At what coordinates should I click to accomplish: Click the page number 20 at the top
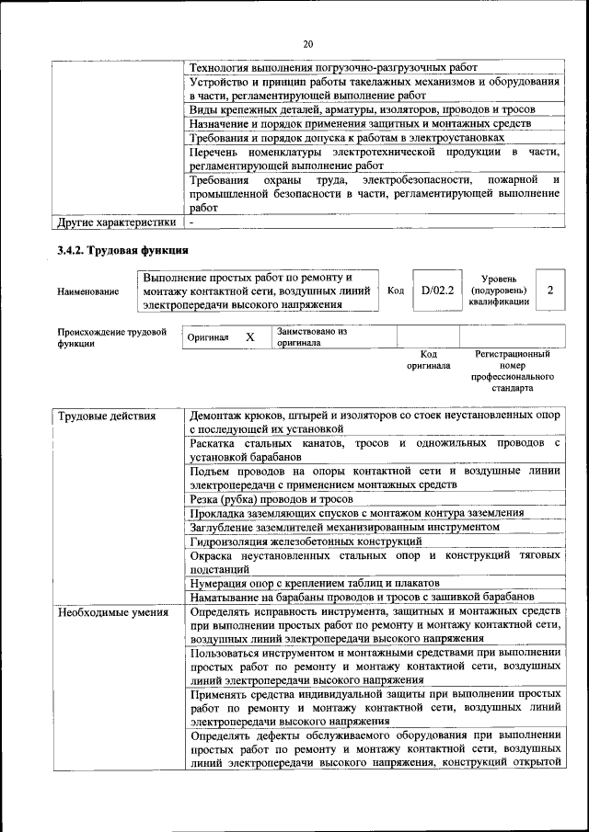(x=307, y=43)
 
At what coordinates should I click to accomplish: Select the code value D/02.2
(x=437, y=291)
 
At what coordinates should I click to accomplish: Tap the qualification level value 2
(x=549, y=291)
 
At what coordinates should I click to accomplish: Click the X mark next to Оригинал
(x=249, y=337)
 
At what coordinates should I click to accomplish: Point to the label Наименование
(x=87, y=291)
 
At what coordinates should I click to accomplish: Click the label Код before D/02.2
(x=396, y=291)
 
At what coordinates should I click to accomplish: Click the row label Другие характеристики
(x=116, y=222)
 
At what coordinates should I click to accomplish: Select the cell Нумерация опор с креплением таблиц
(x=314, y=583)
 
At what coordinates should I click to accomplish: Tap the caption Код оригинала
(x=428, y=359)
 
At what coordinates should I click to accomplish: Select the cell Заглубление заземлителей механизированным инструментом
(x=344, y=527)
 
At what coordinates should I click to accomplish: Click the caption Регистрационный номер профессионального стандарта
(x=512, y=370)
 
